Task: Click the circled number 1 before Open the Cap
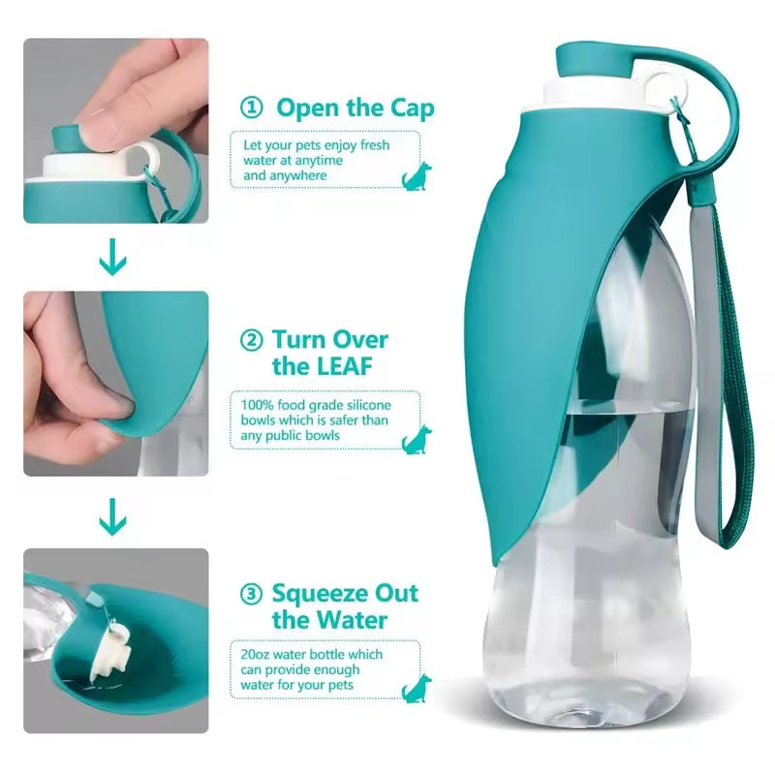(250, 108)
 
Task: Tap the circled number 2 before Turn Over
(250, 340)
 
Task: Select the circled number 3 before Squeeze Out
(250, 593)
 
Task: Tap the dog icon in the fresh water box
(417, 175)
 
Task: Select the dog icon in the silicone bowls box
(417, 438)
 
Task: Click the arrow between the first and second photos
(114, 259)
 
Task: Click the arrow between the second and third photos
(114, 515)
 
